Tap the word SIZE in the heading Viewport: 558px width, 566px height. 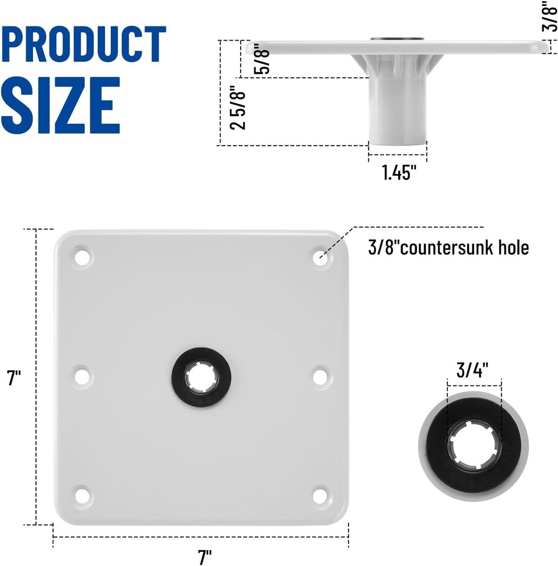61,106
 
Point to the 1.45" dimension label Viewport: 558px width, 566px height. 399,173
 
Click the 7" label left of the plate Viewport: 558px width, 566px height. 14,378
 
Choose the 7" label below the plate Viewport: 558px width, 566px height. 204,556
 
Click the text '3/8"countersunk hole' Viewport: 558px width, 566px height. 448,248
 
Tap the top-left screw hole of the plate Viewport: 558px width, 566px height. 83,257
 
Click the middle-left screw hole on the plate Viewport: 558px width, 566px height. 83,376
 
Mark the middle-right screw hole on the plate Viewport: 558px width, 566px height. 320,376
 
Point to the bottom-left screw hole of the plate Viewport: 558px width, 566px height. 83,495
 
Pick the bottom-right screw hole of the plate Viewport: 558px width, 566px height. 320,495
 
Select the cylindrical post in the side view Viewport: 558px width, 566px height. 398,113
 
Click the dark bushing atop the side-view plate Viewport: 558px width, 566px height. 398,40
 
